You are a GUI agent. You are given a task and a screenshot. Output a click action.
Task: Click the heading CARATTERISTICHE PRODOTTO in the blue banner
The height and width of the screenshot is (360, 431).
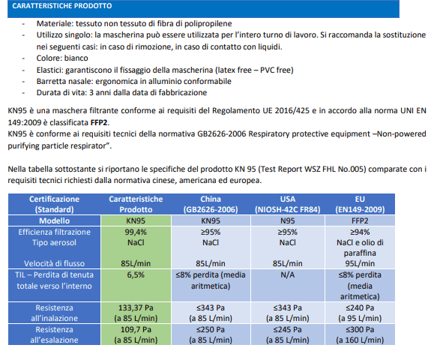point(62,6)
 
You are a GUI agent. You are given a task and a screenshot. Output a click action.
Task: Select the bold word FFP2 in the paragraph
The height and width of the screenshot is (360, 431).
point(99,122)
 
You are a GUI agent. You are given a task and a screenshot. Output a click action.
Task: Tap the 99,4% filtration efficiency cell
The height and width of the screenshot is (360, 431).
point(136,232)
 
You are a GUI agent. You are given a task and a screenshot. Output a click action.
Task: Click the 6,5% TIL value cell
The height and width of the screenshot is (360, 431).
point(136,274)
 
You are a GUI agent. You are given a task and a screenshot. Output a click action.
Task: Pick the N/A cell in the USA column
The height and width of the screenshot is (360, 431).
point(288,274)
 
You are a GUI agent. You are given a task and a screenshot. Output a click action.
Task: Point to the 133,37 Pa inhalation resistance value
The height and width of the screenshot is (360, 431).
point(136,307)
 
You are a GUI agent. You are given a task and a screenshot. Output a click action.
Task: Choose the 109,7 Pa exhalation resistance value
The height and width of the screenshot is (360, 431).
point(136,329)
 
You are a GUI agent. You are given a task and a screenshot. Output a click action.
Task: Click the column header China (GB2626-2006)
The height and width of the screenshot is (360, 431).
point(211,204)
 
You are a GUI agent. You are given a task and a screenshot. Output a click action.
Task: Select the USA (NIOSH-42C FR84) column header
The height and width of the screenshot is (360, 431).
point(288,204)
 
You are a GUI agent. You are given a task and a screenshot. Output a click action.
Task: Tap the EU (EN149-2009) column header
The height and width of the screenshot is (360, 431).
point(360,204)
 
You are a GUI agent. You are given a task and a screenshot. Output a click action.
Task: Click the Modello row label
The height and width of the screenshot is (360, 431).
point(54,220)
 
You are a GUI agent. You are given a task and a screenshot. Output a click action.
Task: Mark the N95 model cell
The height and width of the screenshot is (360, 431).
point(288,220)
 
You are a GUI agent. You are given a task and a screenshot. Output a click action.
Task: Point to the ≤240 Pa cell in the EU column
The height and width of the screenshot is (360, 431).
point(360,307)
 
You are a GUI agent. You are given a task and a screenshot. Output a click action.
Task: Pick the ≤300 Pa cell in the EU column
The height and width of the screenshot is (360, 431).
point(360,329)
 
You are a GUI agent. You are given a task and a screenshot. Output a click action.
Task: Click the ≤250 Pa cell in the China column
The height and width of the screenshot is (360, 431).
point(211,329)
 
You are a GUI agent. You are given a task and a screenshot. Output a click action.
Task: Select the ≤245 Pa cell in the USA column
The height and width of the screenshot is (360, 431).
point(288,329)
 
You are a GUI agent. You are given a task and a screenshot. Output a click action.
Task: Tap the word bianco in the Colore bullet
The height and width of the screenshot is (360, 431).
point(76,58)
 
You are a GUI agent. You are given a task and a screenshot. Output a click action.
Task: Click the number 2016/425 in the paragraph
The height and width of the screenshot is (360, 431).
point(292,110)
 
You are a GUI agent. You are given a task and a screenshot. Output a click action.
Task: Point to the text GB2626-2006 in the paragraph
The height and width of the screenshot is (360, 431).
point(222,134)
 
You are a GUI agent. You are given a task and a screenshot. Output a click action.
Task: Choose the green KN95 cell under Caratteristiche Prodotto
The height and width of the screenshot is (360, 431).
point(136,220)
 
